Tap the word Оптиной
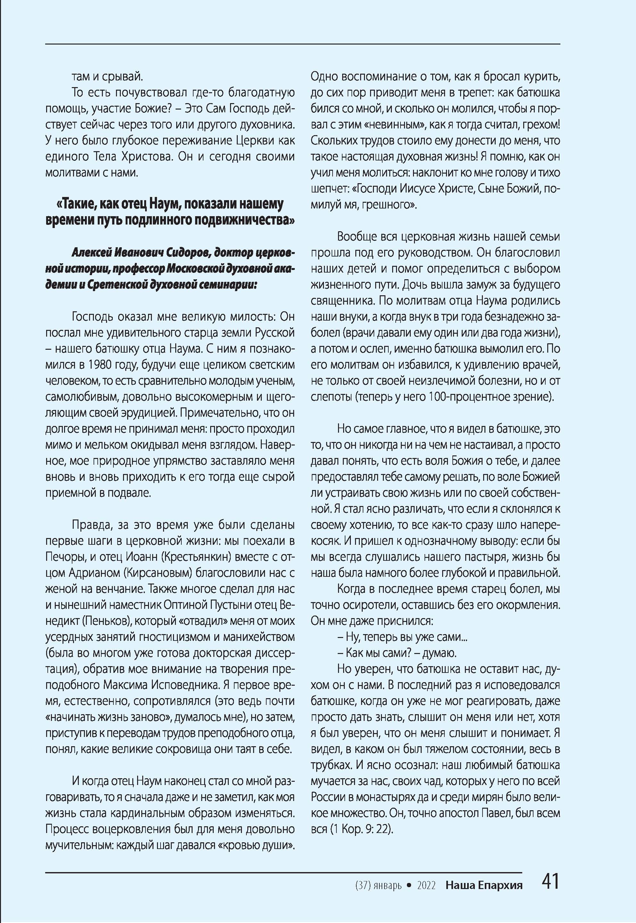click(185, 605)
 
